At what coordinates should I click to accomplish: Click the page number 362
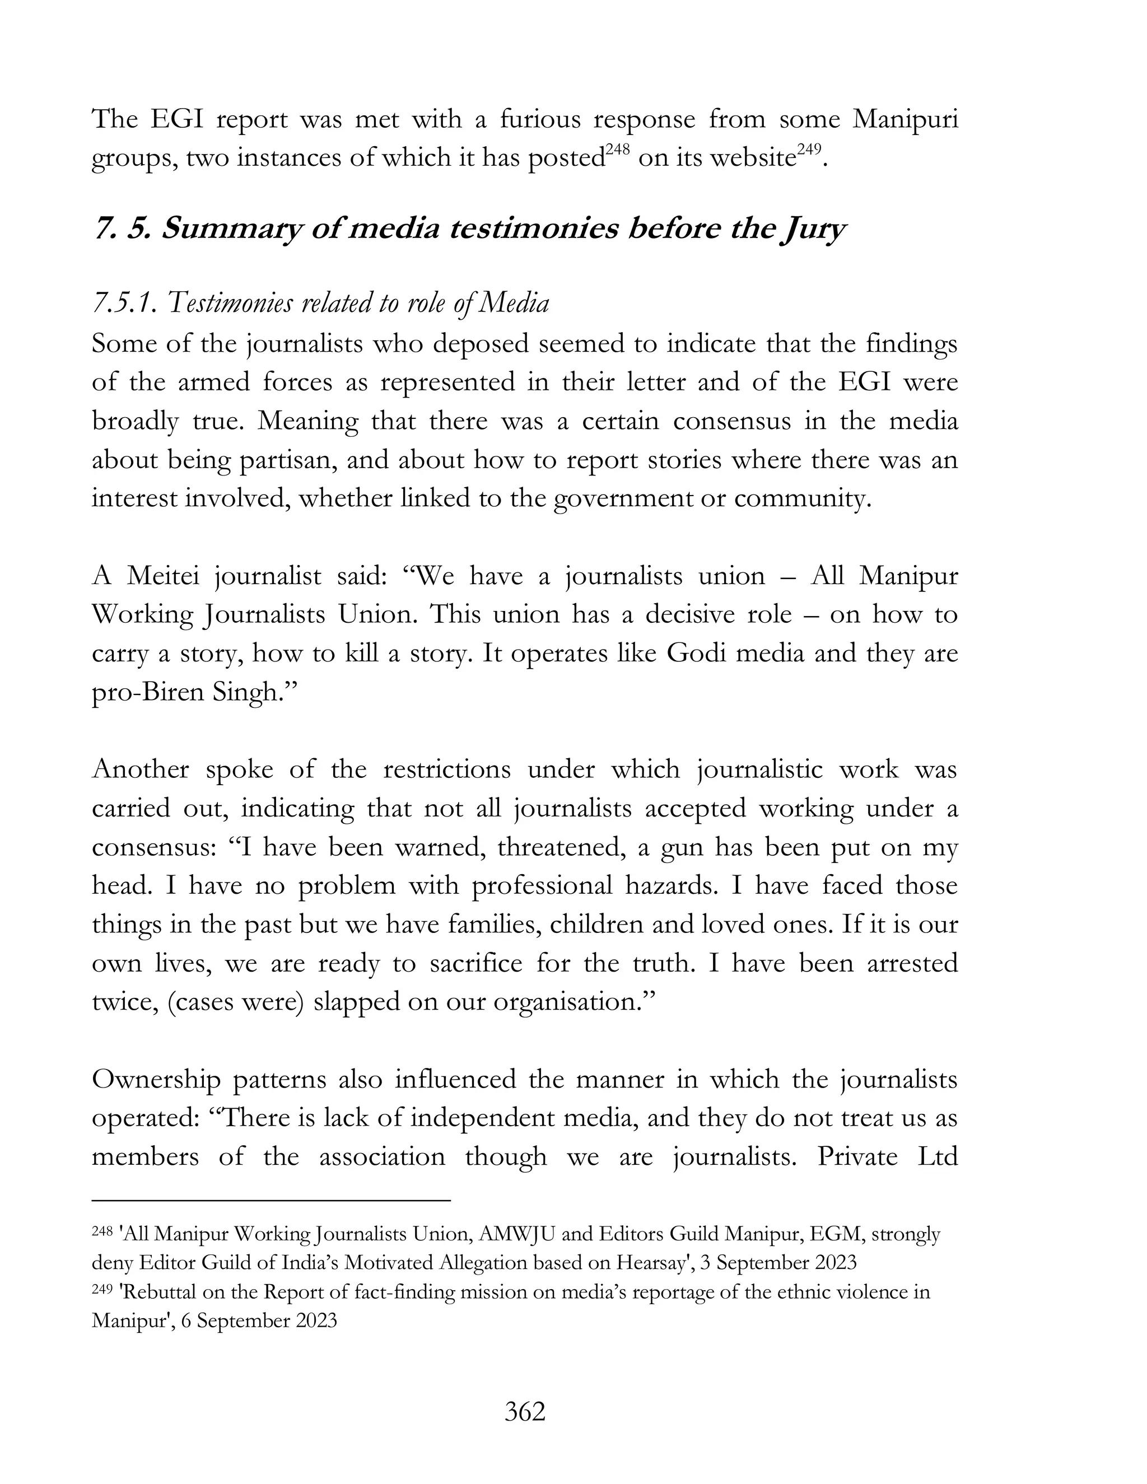525,1412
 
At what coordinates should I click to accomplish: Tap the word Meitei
171,576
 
